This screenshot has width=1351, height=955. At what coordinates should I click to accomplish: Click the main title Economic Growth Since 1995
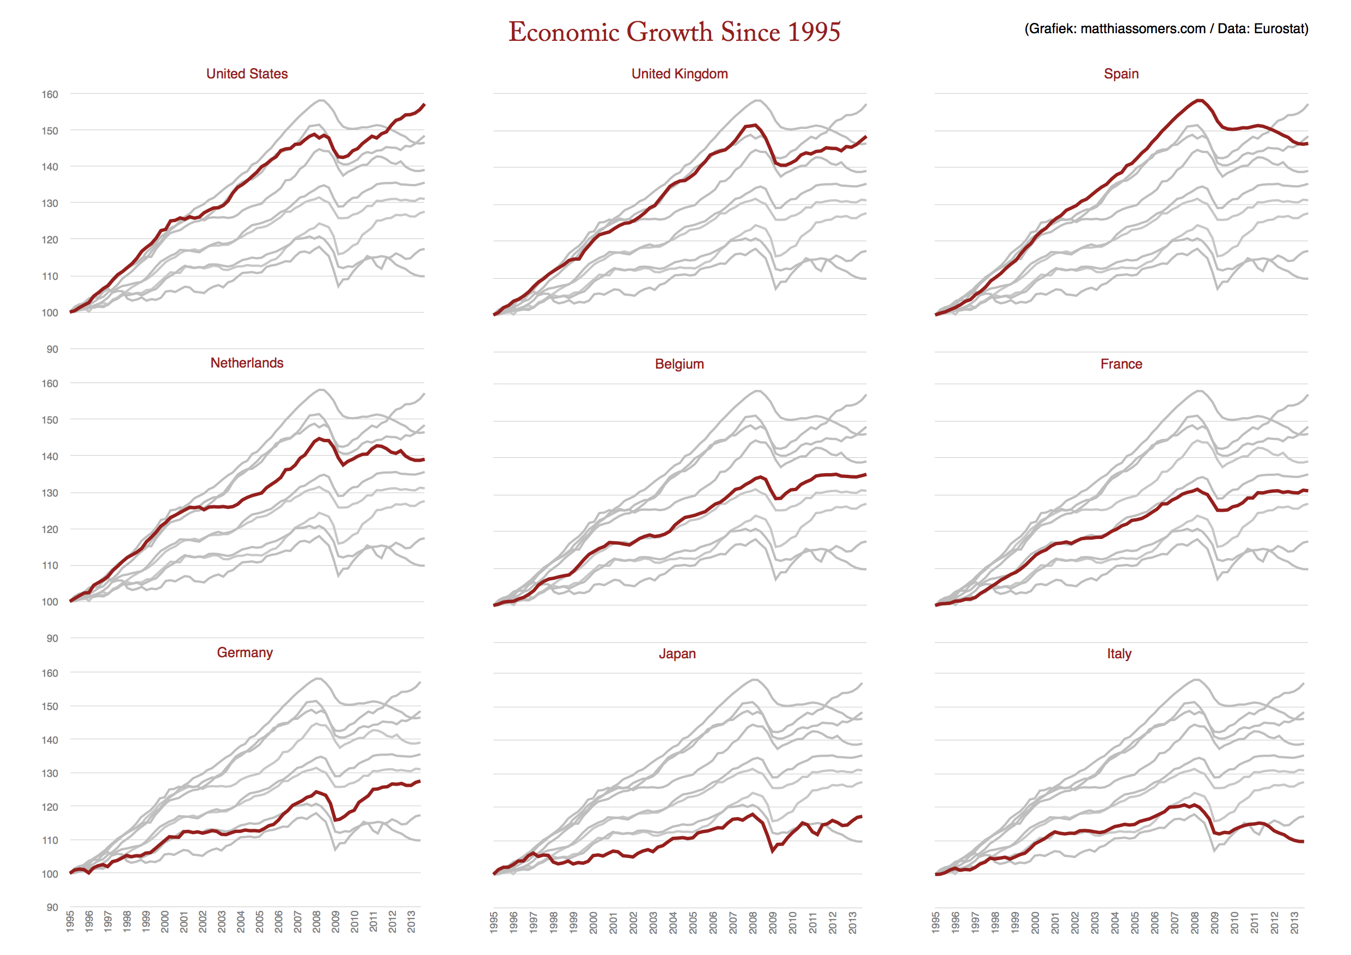click(x=674, y=32)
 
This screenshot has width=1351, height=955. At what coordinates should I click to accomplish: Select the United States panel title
click(x=247, y=74)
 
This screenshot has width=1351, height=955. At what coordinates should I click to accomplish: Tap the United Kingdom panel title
click(x=679, y=74)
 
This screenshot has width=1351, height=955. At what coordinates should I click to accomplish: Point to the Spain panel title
click(x=1121, y=74)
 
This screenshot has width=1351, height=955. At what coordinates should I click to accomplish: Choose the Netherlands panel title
click(x=247, y=363)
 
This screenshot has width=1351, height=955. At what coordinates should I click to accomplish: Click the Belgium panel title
click(x=679, y=364)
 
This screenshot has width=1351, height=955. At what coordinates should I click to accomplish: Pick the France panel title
click(x=1121, y=364)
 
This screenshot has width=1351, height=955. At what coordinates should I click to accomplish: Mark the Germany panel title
click(x=245, y=653)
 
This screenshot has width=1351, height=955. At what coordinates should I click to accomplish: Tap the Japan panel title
click(x=677, y=654)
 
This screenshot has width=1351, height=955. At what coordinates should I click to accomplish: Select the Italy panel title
click(x=1118, y=654)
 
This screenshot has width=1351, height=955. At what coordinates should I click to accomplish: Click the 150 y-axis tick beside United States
click(x=50, y=131)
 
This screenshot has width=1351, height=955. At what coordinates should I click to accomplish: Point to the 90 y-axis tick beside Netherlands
click(x=52, y=639)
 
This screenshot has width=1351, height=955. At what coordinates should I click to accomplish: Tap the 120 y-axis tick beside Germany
click(x=50, y=807)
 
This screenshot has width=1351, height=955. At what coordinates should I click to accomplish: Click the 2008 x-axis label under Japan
click(x=753, y=923)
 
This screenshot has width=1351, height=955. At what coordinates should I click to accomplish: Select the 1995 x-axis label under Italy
click(x=936, y=923)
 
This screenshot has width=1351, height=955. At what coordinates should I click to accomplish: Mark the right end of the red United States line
click(x=424, y=105)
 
